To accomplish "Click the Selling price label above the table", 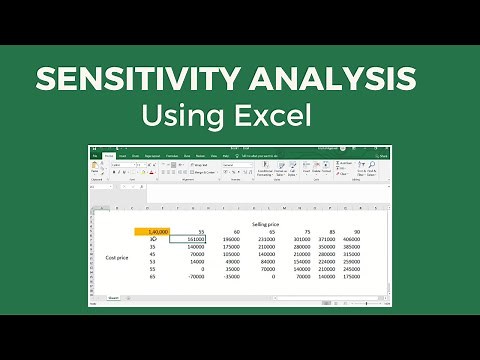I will tap(266, 225).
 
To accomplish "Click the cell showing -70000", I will tap(196, 277).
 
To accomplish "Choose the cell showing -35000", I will tap(231, 277).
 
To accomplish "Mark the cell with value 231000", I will tap(265, 240).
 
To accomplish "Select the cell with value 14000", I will tap(196, 262).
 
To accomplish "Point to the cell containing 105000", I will tap(231, 254).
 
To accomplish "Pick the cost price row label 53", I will tap(153, 262).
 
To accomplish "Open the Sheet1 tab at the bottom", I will tap(113, 297).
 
